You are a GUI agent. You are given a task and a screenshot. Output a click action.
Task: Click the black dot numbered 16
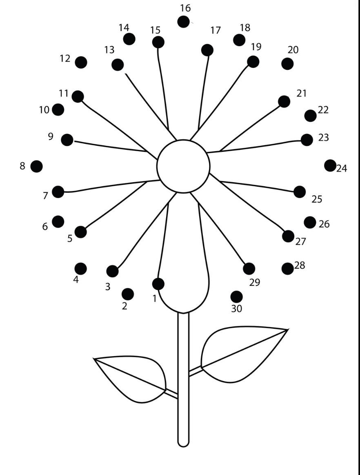click(183, 22)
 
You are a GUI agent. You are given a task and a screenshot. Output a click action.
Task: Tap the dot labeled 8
click(37, 166)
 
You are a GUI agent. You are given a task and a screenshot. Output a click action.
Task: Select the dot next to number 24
click(330, 165)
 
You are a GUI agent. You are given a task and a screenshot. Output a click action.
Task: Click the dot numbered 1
click(158, 284)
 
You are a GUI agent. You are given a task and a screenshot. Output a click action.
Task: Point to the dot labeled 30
click(236, 297)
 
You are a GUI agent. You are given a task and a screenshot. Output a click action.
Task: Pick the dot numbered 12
click(81, 62)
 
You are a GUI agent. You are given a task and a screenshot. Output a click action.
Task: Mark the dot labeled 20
click(287, 64)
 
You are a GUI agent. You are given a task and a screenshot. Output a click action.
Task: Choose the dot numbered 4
click(80, 268)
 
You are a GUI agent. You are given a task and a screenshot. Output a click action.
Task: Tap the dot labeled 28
click(287, 268)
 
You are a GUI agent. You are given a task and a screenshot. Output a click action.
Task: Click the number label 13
click(109, 50)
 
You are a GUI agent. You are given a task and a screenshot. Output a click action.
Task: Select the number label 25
click(317, 199)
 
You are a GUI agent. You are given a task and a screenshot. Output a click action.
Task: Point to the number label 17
click(216, 30)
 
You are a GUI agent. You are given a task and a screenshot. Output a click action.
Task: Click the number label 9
click(51, 137)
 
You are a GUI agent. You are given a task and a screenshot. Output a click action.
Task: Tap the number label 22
click(323, 109)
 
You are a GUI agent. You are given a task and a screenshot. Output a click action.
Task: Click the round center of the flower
click(183, 166)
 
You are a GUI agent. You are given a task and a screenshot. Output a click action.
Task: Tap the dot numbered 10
click(58, 109)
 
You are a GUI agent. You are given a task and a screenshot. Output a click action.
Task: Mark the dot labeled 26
click(310, 222)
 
